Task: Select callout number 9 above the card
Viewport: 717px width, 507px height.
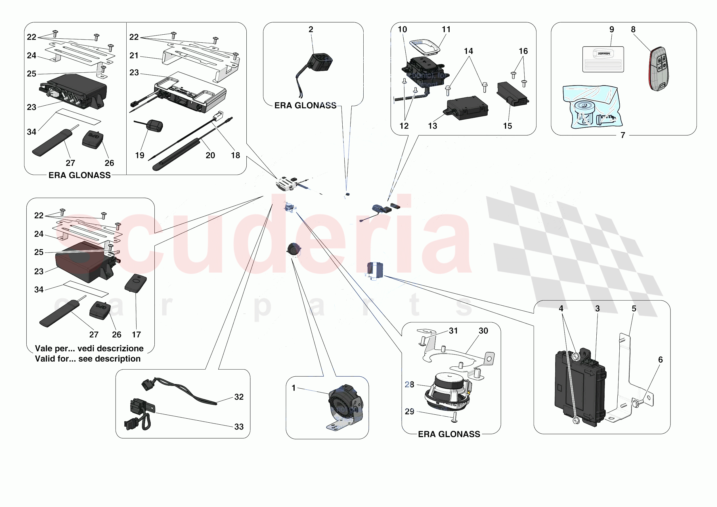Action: [x=611, y=29]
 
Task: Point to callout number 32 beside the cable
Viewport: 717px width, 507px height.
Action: [x=239, y=397]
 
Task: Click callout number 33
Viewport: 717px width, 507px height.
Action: [x=239, y=427]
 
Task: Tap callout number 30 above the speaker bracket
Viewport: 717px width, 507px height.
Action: [x=483, y=331]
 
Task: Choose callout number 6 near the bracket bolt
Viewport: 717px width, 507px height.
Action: [x=660, y=360]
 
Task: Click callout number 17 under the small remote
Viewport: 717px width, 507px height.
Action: [x=136, y=335]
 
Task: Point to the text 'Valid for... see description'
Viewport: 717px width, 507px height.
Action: [x=88, y=359]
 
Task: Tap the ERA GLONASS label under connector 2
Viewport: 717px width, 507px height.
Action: [x=305, y=106]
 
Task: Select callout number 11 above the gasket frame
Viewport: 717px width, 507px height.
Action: [x=446, y=29]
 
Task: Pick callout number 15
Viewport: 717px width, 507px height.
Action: [x=508, y=126]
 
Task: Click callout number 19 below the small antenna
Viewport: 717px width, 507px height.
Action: [x=140, y=155]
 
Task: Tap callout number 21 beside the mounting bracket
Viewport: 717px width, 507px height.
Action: [x=134, y=56]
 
